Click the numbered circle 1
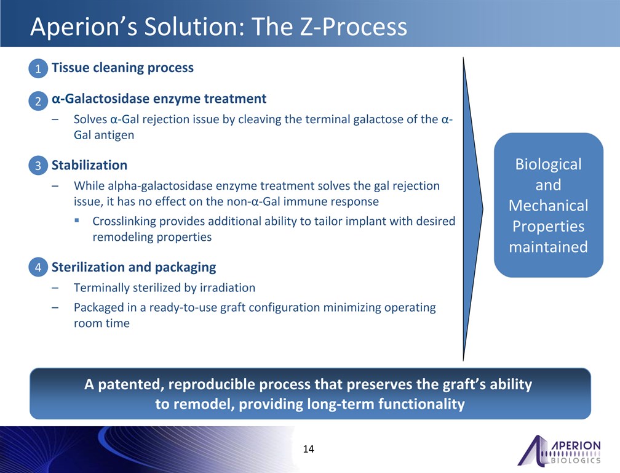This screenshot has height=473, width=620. [38, 68]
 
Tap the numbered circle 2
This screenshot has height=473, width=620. [38, 100]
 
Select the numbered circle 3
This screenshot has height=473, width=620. [38, 165]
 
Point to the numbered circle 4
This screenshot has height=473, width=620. [38, 267]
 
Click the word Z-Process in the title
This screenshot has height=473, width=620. [354, 26]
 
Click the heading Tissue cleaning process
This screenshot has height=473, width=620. [122, 68]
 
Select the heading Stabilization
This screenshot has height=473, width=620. [89, 165]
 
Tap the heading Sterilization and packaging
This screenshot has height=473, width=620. [133, 267]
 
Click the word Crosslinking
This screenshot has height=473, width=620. [124, 221]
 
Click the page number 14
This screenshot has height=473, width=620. [308, 449]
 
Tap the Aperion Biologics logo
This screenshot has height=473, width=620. [559, 450]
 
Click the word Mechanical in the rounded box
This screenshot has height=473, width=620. [549, 206]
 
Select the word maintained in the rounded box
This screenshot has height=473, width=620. [549, 247]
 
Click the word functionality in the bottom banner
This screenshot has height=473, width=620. [421, 404]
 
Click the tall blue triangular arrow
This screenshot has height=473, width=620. [473, 209]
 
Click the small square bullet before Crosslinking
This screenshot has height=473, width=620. [77, 220]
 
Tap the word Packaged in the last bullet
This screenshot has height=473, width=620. [100, 308]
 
